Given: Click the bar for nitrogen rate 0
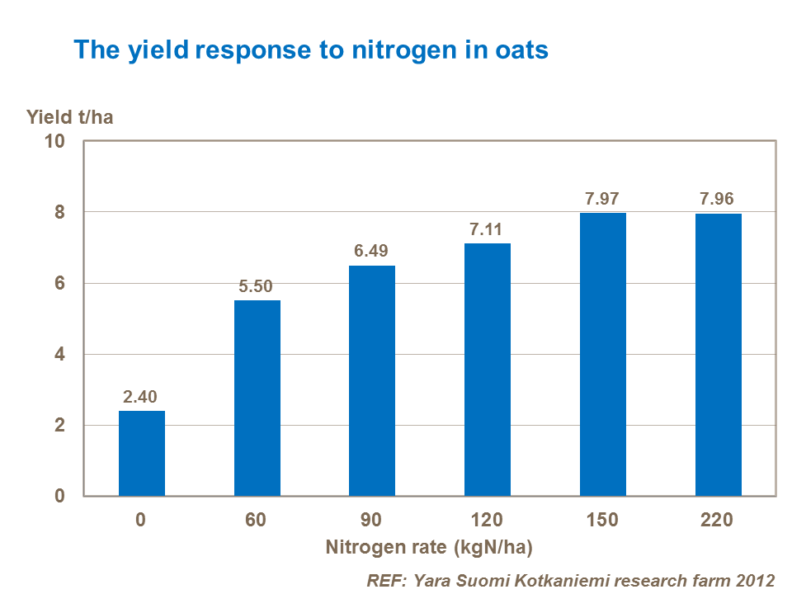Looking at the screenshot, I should (142, 453).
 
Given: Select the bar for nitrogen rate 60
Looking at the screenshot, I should (257, 398).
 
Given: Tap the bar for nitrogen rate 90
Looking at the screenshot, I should (372, 380).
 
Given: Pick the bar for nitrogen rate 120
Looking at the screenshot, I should (488, 370).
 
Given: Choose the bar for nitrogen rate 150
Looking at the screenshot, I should (603, 354).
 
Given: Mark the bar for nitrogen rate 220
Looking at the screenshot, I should (718, 355).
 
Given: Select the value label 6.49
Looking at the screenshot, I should (372, 252).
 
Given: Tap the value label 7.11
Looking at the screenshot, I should (488, 229).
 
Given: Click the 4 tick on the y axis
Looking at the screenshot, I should (59, 355).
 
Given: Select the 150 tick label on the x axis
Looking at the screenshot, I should (603, 521).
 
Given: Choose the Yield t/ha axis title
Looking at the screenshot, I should (70, 116).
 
